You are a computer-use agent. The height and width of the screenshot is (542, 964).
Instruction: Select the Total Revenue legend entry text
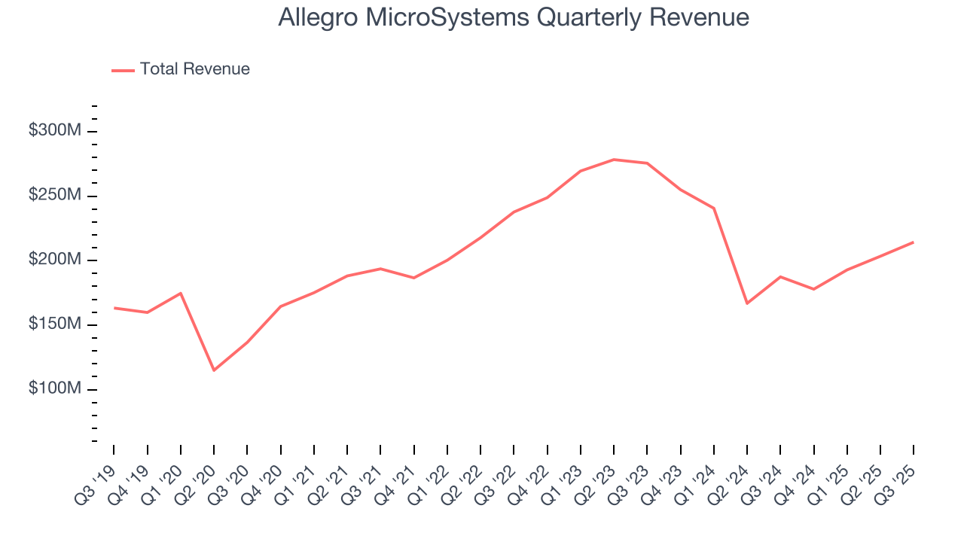click(194, 69)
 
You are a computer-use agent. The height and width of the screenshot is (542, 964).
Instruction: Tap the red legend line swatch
click(123, 70)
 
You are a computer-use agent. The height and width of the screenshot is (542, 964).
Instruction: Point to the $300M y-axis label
click(54, 131)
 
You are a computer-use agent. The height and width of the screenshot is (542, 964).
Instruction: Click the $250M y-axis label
click(54, 196)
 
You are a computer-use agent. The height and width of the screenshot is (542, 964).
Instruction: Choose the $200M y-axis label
click(54, 260)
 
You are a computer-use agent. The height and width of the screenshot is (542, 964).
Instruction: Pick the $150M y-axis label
click(54, 324)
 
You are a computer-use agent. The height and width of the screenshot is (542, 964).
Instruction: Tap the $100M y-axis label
click(54, 388)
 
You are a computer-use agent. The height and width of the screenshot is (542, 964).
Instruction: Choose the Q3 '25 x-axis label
click(897, 476)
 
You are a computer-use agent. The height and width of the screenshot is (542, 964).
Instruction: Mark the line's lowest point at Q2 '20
click(214, 370)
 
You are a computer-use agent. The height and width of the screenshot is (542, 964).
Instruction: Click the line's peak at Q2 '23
click(614, 160)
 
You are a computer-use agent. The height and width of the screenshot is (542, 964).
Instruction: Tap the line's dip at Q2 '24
click(747, 303)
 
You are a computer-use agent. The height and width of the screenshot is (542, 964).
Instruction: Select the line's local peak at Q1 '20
click(181, 293)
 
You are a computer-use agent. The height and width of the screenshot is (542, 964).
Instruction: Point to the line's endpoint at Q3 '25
click(914, 242)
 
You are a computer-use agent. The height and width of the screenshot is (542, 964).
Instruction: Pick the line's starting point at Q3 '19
click(114, 308)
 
